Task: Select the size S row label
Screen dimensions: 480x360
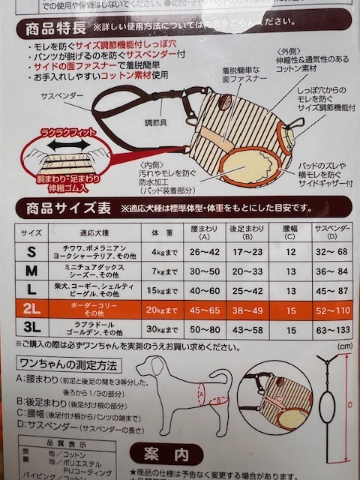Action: point(29,251)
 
